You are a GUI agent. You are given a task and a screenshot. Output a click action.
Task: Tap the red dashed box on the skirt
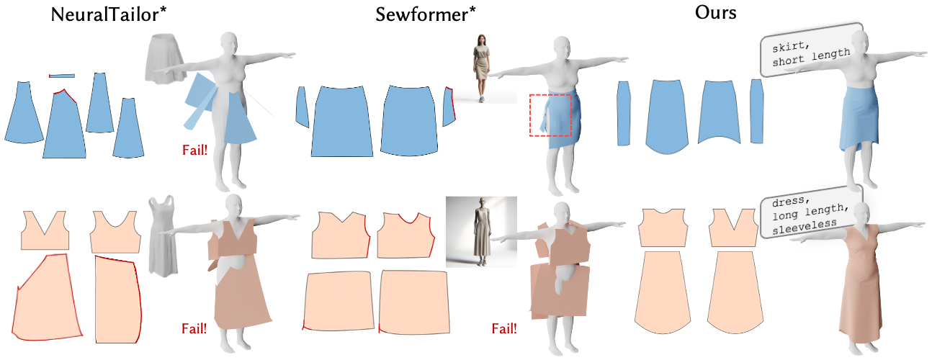tap(550, 115)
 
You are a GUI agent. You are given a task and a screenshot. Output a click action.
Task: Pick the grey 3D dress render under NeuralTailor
tap(163, 233)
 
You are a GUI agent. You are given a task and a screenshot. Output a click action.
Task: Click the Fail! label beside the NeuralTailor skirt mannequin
tap(194, 150)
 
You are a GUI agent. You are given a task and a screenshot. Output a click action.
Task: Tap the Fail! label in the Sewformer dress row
tap(504, 329)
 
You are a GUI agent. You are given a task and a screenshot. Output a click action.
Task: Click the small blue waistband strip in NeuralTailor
tap(61, 75)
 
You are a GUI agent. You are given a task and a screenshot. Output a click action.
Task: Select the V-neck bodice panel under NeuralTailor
tap(45, 230)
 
